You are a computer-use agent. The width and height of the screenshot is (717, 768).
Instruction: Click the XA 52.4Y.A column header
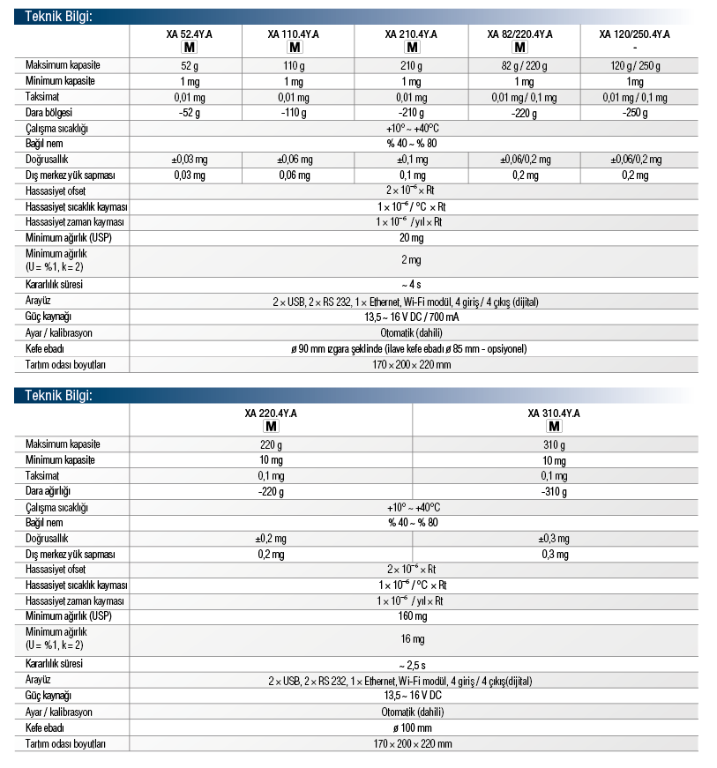tap(190, 34)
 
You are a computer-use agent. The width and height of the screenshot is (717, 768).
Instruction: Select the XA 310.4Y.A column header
tap(554, 413)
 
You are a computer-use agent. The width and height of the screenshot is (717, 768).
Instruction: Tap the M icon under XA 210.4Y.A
tap(412, 48)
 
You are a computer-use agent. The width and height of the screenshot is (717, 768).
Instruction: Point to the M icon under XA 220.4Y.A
tap(271, 427)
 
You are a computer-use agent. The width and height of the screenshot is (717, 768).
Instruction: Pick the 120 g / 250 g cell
tap(635, 66)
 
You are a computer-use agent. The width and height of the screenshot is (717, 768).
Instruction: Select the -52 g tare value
tap(190, 113)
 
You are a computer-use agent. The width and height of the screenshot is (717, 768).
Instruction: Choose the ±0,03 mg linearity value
tap(190, 160)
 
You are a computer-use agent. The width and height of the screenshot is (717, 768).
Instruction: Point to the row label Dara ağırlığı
tap(49, 491)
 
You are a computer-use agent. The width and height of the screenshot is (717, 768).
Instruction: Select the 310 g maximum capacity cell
tap(554, 444)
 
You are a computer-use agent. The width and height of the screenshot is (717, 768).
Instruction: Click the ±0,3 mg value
tap(554, 539)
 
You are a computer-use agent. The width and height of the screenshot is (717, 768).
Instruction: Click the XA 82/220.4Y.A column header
tap(520, 34)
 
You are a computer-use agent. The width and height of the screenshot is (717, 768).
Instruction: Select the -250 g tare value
tap(635, 113)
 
